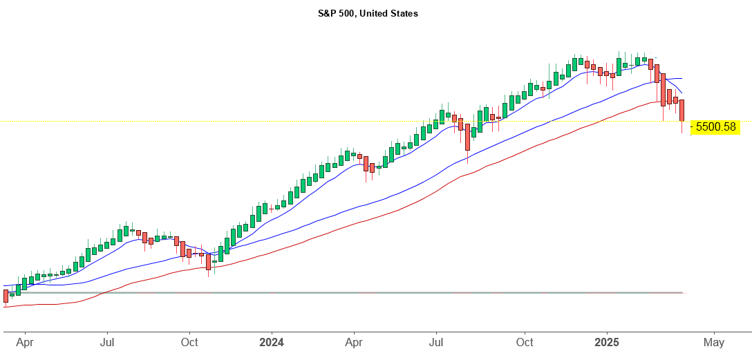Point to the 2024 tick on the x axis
(272, 342)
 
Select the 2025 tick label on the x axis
(607, 342)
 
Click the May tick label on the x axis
(714, 342)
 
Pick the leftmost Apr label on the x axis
(24, 342)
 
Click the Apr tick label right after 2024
(354, 342)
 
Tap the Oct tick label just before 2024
(189, 342)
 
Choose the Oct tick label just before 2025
(525, 342)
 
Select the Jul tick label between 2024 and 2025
(436, 342)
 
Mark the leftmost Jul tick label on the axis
(107, 342)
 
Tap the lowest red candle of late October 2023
(208, 261)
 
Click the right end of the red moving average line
(681, 102)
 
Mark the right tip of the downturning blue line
(682, 93)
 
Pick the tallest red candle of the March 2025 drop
(663, 89)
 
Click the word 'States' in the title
(404, 13)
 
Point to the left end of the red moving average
(4, 306)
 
